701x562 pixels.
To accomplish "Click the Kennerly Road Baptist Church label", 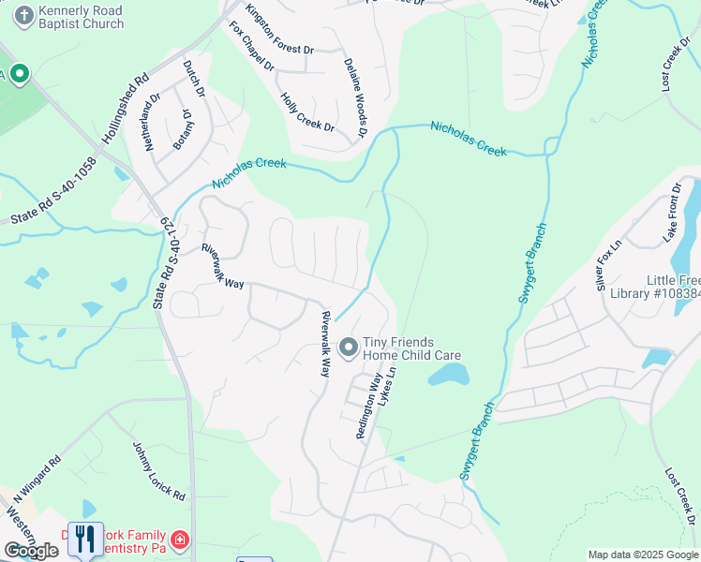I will click(x=82, y=18).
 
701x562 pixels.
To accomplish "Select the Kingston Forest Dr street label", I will click(x=279, y=29).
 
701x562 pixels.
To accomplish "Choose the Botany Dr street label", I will click(x=181, y=129).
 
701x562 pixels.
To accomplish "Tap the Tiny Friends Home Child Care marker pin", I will click(x=348, y=348).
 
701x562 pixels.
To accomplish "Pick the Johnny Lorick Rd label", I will click(x=158, y=471).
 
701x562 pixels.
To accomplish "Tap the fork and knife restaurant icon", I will click(x=86, y=538).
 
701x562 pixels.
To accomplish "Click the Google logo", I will click(x=31, y=551).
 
